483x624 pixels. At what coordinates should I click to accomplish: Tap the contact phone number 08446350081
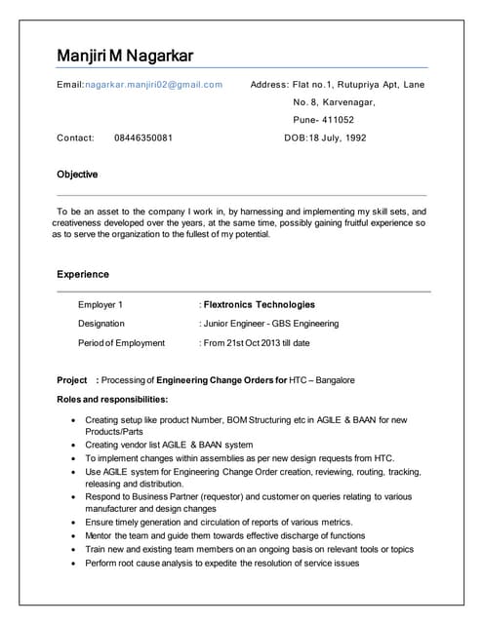(143, 137)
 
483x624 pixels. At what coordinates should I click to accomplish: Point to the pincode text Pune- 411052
(324, 120)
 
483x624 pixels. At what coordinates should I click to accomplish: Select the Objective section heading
(77, 175)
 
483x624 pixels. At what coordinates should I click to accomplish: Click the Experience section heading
(83, 274)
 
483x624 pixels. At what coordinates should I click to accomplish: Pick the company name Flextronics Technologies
(260, 304)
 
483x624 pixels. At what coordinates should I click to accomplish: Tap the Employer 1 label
(101, 304)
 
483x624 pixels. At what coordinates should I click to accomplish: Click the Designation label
(101, 323)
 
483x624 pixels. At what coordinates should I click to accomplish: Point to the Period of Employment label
(122, 342)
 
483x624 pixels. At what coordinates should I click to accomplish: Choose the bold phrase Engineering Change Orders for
(221, 379)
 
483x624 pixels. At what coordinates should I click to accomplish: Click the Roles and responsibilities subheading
(113, 399)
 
